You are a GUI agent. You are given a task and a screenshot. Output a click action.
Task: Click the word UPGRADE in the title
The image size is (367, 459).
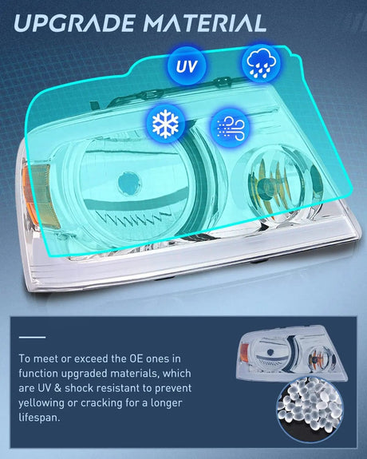[x=74, y=23]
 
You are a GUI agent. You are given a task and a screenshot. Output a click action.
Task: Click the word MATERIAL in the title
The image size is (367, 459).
[x=204, y=23]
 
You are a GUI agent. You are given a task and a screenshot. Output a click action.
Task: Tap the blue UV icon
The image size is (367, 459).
[x=187, y=66]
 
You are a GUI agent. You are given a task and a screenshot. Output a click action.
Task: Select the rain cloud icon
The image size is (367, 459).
[x=261, y=62]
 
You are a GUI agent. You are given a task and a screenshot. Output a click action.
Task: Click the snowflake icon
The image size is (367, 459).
[x=166, y=124]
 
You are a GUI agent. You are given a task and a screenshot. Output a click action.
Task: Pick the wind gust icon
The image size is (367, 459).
[x=230, y=128]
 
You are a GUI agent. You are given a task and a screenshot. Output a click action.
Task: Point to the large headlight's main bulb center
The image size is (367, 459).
[x=129, y=184]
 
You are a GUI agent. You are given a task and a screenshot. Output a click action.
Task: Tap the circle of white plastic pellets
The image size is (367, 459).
[x=310, y=410]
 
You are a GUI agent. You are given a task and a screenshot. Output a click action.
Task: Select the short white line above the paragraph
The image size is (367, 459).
[x=32, y=337]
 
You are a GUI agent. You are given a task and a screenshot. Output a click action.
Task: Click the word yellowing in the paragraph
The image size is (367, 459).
[x=41, y=403]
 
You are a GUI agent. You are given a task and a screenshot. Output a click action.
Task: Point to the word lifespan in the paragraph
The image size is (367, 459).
[x=39, y=417]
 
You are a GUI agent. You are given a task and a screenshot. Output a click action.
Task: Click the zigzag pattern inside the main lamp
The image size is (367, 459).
[x=128, y=218]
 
